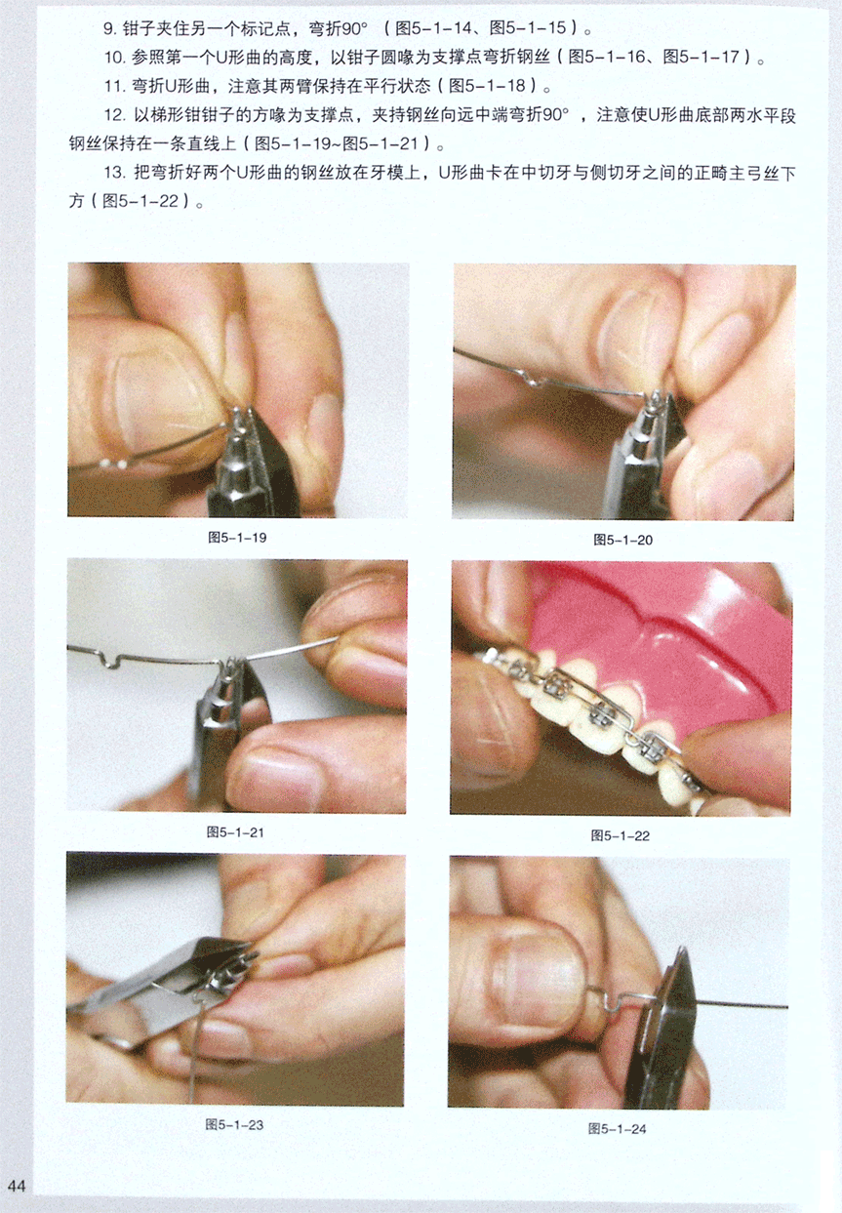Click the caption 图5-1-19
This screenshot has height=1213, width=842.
237,538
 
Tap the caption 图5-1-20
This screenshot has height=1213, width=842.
623,540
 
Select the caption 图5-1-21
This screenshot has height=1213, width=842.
235,832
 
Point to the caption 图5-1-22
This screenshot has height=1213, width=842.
621,835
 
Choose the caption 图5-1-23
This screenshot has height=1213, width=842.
234,1125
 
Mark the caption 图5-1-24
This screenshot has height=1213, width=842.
618,1129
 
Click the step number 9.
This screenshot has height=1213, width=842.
109,28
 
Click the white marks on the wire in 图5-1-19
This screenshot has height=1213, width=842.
114,465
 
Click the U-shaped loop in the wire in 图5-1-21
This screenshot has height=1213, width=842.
111,661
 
